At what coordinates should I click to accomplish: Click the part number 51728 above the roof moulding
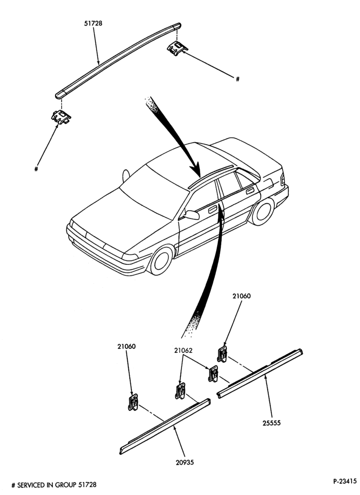(93, 23)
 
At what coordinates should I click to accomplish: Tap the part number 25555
(271, 423)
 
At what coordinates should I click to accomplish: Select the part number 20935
(185, 463)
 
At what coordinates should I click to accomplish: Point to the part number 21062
(183, 350)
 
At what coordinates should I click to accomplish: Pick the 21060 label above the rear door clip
(242, 296)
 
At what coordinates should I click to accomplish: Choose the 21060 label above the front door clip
(126, 346)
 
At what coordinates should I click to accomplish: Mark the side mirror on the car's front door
(191, 215)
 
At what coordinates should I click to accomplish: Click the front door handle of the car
(212, 209)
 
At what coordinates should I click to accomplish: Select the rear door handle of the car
(250, 190)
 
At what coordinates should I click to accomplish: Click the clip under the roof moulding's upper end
(177, 48)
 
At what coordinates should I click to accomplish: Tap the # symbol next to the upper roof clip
(238, 79)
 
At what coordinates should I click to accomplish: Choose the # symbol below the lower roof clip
(36, 169)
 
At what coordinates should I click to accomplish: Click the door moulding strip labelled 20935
(165, 426)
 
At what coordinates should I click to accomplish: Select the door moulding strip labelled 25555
(260, 373)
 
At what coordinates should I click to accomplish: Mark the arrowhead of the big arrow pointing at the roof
(197, 170)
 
